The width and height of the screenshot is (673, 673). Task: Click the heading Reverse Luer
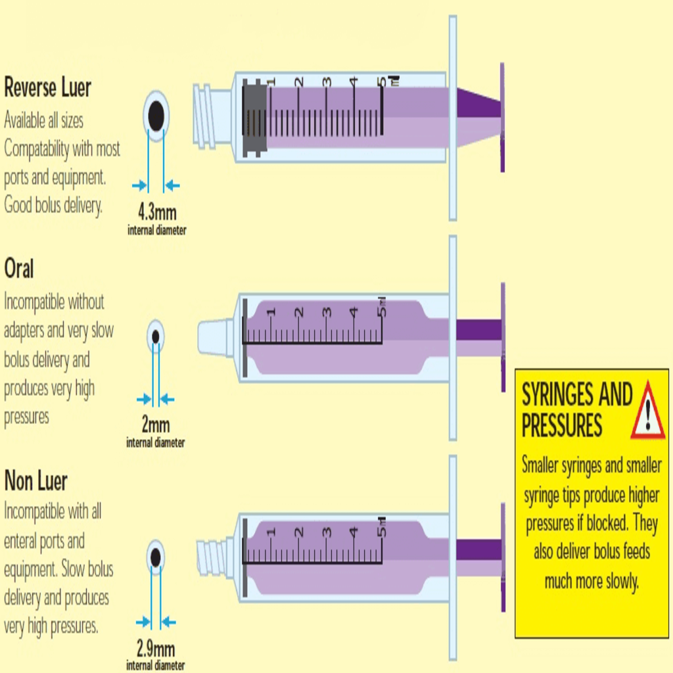pyautogui.click(x=47, y=87)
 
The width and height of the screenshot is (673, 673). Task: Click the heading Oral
pyautogui.click(x=19, y=269)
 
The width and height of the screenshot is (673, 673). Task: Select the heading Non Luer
pyautogui.click(x=35, y=482)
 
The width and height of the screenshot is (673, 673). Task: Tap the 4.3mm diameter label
pyautogui.click(x=156, y=212)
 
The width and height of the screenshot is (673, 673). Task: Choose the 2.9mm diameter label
pyautogui.click(x=156, y=649)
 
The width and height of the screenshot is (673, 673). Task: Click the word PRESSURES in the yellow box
pyautogui.click(x=562, y=425)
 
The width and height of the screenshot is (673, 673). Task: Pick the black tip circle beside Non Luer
pyautogui.click(x=156, y=557)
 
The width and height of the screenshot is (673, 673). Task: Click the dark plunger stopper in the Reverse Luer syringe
pyautogui.click(x=254, y=118)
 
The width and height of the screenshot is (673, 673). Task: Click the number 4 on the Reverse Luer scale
pyautogui.click(x=354, y=82)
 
